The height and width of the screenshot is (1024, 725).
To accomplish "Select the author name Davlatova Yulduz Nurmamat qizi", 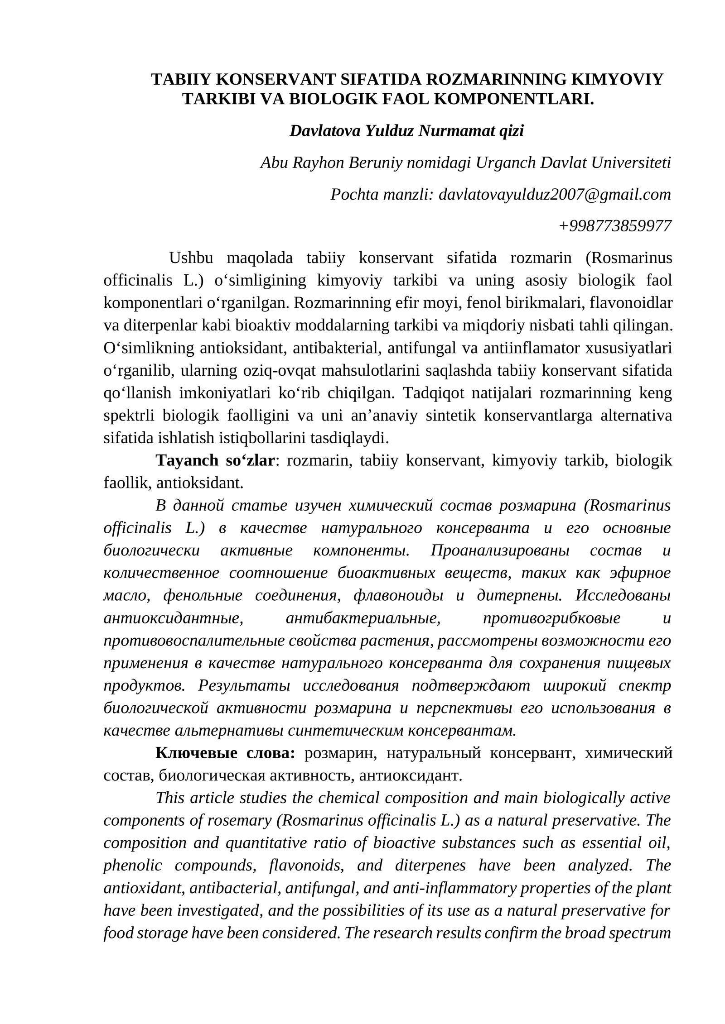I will (406, 131).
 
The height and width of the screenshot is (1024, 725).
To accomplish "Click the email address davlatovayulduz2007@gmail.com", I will (555, 194).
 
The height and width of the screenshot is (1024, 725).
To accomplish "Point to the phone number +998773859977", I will (615, 225).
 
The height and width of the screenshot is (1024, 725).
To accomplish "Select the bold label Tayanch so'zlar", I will (215, 460).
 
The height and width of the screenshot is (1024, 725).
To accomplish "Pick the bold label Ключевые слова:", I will (225, 753).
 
